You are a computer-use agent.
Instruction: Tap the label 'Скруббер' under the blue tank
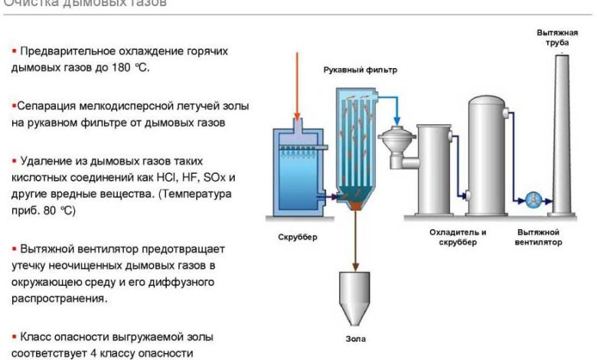click(295, 237)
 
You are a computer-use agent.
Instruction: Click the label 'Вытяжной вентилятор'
click(540, 237)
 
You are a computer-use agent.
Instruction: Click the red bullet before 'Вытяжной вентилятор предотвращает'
click(13, 250)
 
